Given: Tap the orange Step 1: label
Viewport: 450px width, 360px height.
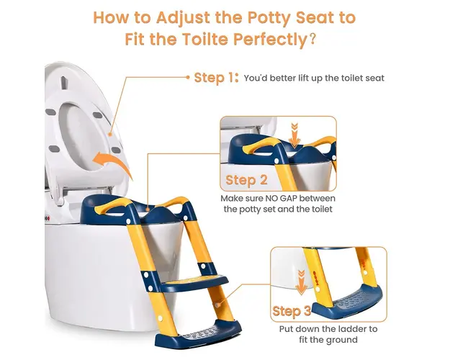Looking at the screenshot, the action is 216,78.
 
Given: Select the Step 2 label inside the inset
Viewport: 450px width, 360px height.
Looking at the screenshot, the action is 246,180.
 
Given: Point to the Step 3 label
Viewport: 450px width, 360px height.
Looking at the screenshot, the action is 292,311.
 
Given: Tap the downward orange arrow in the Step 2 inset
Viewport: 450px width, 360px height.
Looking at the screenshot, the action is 294,135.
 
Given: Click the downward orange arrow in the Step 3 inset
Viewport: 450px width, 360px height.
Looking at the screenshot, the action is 301,282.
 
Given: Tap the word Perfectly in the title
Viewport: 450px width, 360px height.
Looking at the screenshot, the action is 270,40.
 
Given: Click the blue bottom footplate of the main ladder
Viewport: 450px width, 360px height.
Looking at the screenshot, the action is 198,335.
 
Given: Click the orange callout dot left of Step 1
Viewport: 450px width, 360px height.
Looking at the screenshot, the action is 188,77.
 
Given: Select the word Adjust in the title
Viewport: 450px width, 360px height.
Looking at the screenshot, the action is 183,19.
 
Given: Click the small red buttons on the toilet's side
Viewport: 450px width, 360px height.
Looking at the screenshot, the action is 48,218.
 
